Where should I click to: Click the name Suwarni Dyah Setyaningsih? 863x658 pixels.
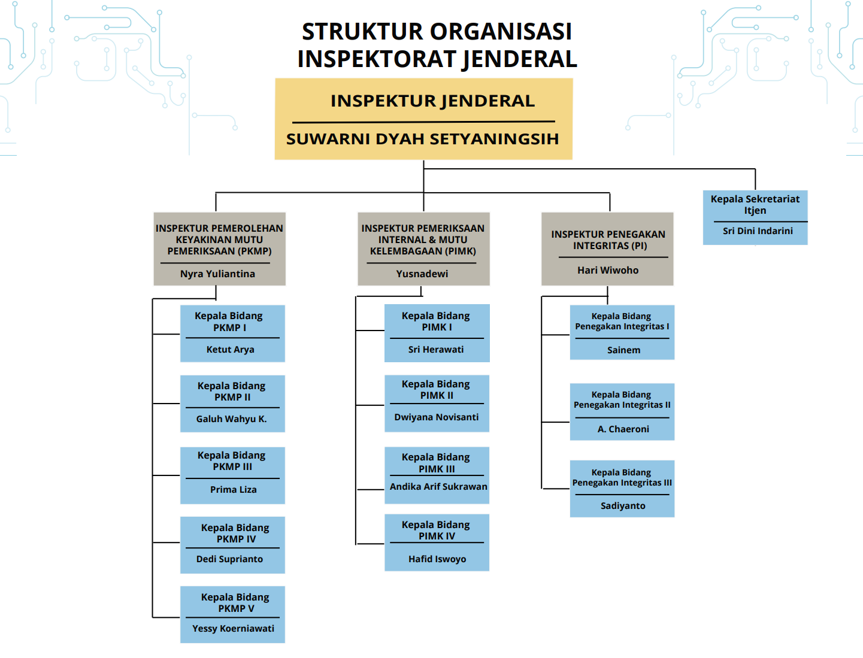(423, 139)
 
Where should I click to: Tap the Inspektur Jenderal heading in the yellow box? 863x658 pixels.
(432, 101)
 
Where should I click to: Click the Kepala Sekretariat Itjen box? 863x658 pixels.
(755, 217)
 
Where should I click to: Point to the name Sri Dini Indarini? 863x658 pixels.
(758, 231)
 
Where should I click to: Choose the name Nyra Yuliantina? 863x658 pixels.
(217, 274)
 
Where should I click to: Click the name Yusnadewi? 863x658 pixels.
(422, 274)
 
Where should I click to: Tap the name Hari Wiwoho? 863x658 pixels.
(608, 270)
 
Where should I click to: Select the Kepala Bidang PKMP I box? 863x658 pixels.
(233, 333)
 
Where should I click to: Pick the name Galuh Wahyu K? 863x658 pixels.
(232, 419)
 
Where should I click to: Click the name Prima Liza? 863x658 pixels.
(233, 489)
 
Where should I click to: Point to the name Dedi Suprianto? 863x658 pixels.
(229, 559)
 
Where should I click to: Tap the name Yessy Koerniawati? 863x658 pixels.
(233, 628)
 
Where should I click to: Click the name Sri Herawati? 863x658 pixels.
(435, 350)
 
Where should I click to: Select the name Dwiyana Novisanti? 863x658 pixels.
(437, 417)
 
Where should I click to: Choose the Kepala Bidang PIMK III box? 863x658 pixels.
(437, 475)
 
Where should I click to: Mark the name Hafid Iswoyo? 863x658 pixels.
(437, 559)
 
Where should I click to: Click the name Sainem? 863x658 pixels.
(623, 350)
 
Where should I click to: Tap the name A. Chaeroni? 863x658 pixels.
(623, 429)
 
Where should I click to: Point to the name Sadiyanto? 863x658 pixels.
(623, 505)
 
